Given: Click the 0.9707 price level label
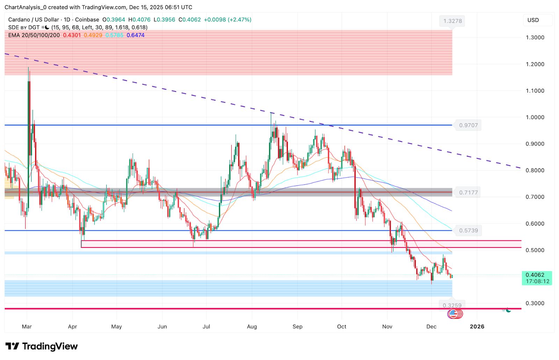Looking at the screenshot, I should point(468,125).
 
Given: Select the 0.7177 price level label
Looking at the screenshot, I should point(468,193).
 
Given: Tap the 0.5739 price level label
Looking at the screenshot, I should point(468,230).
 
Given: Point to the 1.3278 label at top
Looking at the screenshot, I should point(452,21).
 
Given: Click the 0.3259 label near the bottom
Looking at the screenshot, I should point(452,306).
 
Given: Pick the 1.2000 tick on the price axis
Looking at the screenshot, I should point(535,64).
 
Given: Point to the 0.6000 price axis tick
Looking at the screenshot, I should point(535,224).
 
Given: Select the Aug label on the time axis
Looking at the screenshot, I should point(252,327).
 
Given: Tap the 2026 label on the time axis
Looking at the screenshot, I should point(477,327).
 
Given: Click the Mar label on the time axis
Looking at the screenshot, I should point(27,327).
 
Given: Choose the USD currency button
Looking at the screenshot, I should point(533,20).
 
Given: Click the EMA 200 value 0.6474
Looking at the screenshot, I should point(136,35).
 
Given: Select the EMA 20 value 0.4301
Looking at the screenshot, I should point(72,35).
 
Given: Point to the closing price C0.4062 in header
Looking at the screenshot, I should point(190,20).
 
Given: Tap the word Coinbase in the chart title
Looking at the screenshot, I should point(87,20).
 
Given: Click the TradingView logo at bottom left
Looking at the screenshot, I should point(42,346).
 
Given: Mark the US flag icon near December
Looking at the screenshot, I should point(453,314).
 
